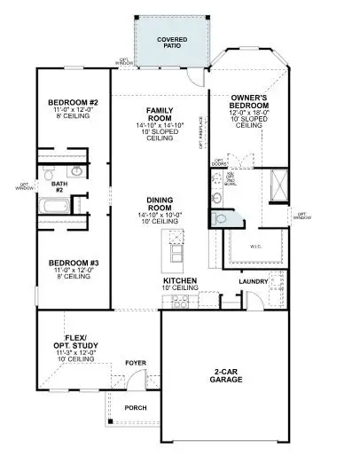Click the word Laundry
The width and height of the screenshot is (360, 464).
[x=254, y=283]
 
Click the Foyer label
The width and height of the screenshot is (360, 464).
[x=135, y=363]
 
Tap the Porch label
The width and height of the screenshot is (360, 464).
[x=136, y=408]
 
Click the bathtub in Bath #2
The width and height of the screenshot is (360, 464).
[x=53, y=206]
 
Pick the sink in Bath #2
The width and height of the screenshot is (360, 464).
[x=77, y=169]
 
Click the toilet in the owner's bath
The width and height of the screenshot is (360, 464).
[x=218, y=216]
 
